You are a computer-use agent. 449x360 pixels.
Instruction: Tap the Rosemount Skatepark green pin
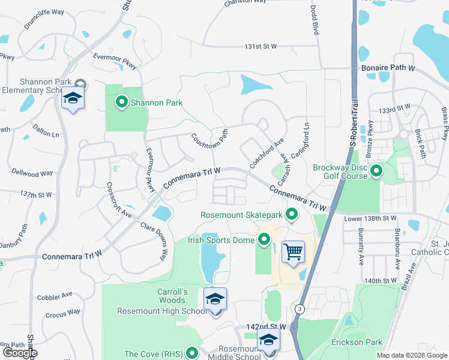tap(292, 214)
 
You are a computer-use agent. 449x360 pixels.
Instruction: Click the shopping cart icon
tap(293, 252)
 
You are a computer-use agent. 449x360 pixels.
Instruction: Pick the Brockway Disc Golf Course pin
tap(376, 172)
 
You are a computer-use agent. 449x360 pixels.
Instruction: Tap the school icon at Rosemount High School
tap(215, 299)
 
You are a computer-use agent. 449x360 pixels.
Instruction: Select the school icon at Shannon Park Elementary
tap(73, 98)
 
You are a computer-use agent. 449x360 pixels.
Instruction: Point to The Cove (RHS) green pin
tap(192, 353)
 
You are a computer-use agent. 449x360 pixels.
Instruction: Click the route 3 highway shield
tap(299, 309)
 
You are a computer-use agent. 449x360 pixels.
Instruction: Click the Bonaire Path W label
tap(388, 68)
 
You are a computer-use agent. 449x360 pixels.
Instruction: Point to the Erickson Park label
tap(357, 343)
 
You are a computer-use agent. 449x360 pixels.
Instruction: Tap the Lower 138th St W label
tap(371, 219)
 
